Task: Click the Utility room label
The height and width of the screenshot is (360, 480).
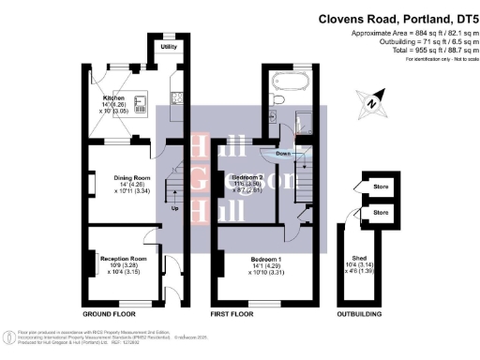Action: (169, 46)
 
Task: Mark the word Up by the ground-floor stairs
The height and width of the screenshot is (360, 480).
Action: (174, 208)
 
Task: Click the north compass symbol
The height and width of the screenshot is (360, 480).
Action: (374, 102)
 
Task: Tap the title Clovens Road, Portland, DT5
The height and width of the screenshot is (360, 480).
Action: (397, 17)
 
